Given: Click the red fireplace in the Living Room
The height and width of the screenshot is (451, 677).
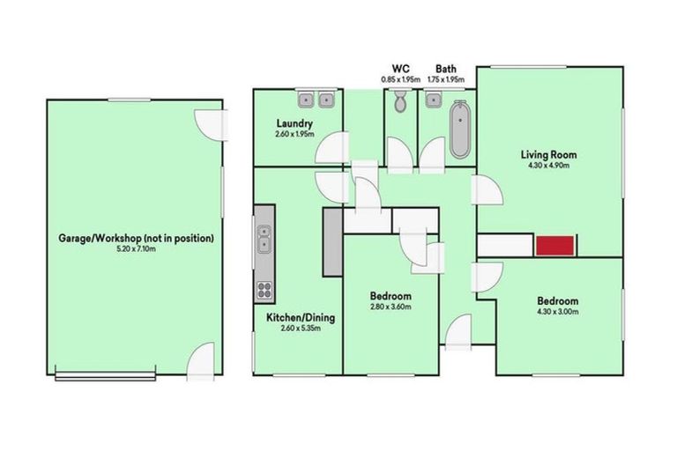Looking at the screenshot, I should pos(555,246).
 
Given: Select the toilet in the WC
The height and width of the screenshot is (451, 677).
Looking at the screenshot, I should pos(400,102).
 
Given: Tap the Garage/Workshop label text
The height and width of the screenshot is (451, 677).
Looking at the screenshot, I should pos(137,238).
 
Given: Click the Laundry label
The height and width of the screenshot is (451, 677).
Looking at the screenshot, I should pos(292,123).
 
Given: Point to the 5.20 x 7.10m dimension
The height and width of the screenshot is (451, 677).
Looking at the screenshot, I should pos(136,249).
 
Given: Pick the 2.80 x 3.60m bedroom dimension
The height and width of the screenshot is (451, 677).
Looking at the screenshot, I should pos(391,307).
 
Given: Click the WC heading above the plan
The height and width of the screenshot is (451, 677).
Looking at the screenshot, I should pos(399,68).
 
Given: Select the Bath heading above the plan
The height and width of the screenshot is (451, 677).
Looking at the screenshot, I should pos(445,68).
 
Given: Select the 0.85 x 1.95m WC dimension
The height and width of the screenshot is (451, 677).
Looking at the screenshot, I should pos(400,79).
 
